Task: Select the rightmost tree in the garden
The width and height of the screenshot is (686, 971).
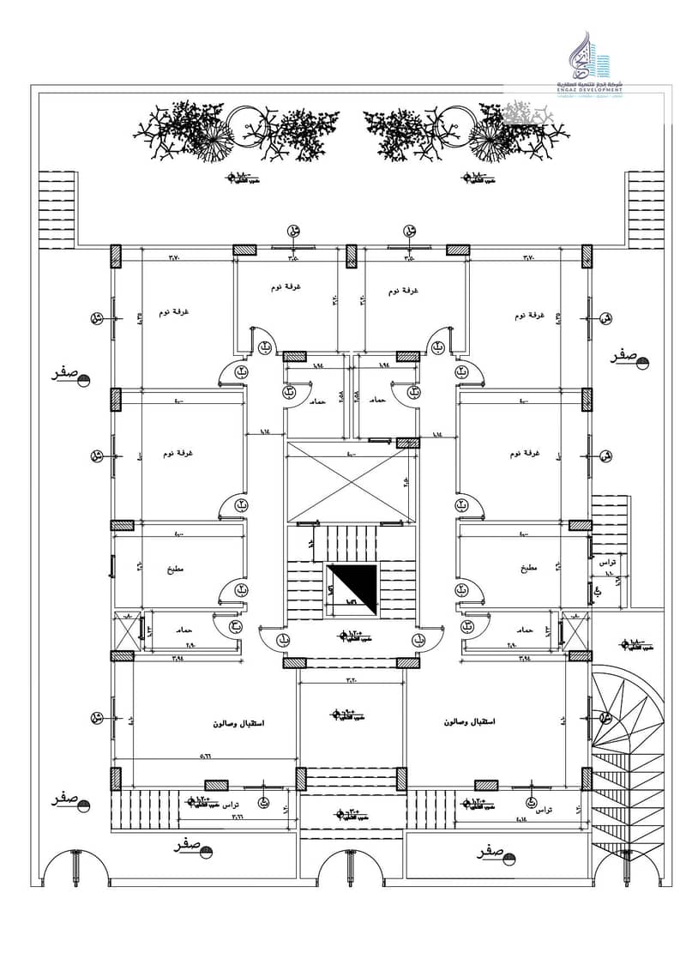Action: (x=523, y=130)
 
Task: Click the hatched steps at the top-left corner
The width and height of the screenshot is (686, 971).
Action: (x=57, y=208)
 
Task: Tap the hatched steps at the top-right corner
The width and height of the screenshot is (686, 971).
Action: (x=645, y=208)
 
